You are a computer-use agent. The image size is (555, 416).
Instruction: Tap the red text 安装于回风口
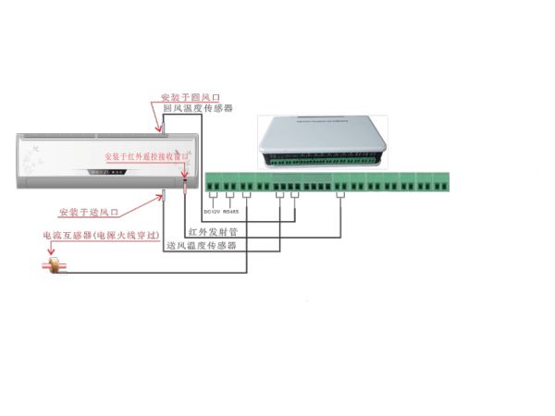(x=190, y=97)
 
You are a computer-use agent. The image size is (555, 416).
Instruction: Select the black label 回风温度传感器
(x=197, y=108)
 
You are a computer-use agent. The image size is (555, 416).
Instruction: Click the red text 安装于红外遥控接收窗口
(x=146, y=156)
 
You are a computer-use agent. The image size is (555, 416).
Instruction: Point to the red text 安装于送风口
(x=88, y=212)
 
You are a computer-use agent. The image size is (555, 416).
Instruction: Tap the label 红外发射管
(x=212, y=231)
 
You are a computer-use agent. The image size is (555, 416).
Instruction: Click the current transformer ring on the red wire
(x=55, y=265)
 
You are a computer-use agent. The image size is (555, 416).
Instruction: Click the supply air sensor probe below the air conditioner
(x=163, y=195)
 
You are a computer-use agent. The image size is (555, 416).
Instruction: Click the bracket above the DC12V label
(x=213, y=195)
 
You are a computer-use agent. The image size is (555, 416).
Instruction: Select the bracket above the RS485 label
(x=229, y=195)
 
